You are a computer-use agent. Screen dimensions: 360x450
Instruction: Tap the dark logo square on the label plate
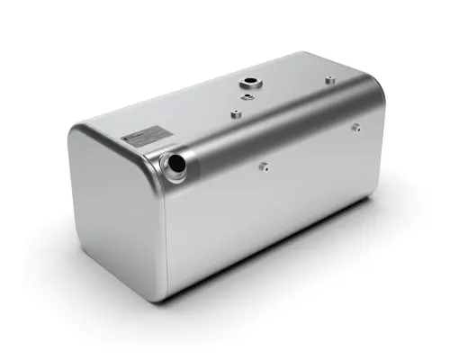click(128, 137)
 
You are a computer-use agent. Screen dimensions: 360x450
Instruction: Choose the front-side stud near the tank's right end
click(357, 128)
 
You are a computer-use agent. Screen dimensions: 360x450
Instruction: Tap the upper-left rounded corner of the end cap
click(78, 135)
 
